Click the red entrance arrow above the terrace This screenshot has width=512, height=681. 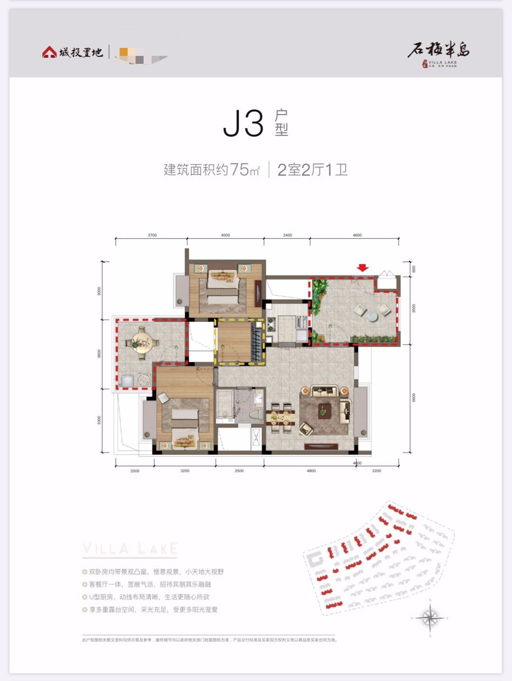tap(363, 268)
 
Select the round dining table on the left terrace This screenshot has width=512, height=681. tap(141, 341)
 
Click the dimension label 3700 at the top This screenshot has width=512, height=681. tap(152, 235)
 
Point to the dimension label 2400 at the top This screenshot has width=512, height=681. tap(287, 235)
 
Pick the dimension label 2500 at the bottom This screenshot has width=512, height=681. tap(239, 471)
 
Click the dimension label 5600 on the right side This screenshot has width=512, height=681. tap(413, 397)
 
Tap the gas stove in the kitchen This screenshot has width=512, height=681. tap(272, 324)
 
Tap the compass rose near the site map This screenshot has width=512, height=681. tap(430, 617)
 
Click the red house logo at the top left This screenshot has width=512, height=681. tap(49, 52)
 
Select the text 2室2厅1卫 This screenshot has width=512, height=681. tap(312, 170)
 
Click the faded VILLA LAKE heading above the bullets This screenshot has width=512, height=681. tap(129, 549)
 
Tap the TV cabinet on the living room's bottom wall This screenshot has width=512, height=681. tap(321, 446)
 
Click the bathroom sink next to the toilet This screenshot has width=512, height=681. tap(258, 398)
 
